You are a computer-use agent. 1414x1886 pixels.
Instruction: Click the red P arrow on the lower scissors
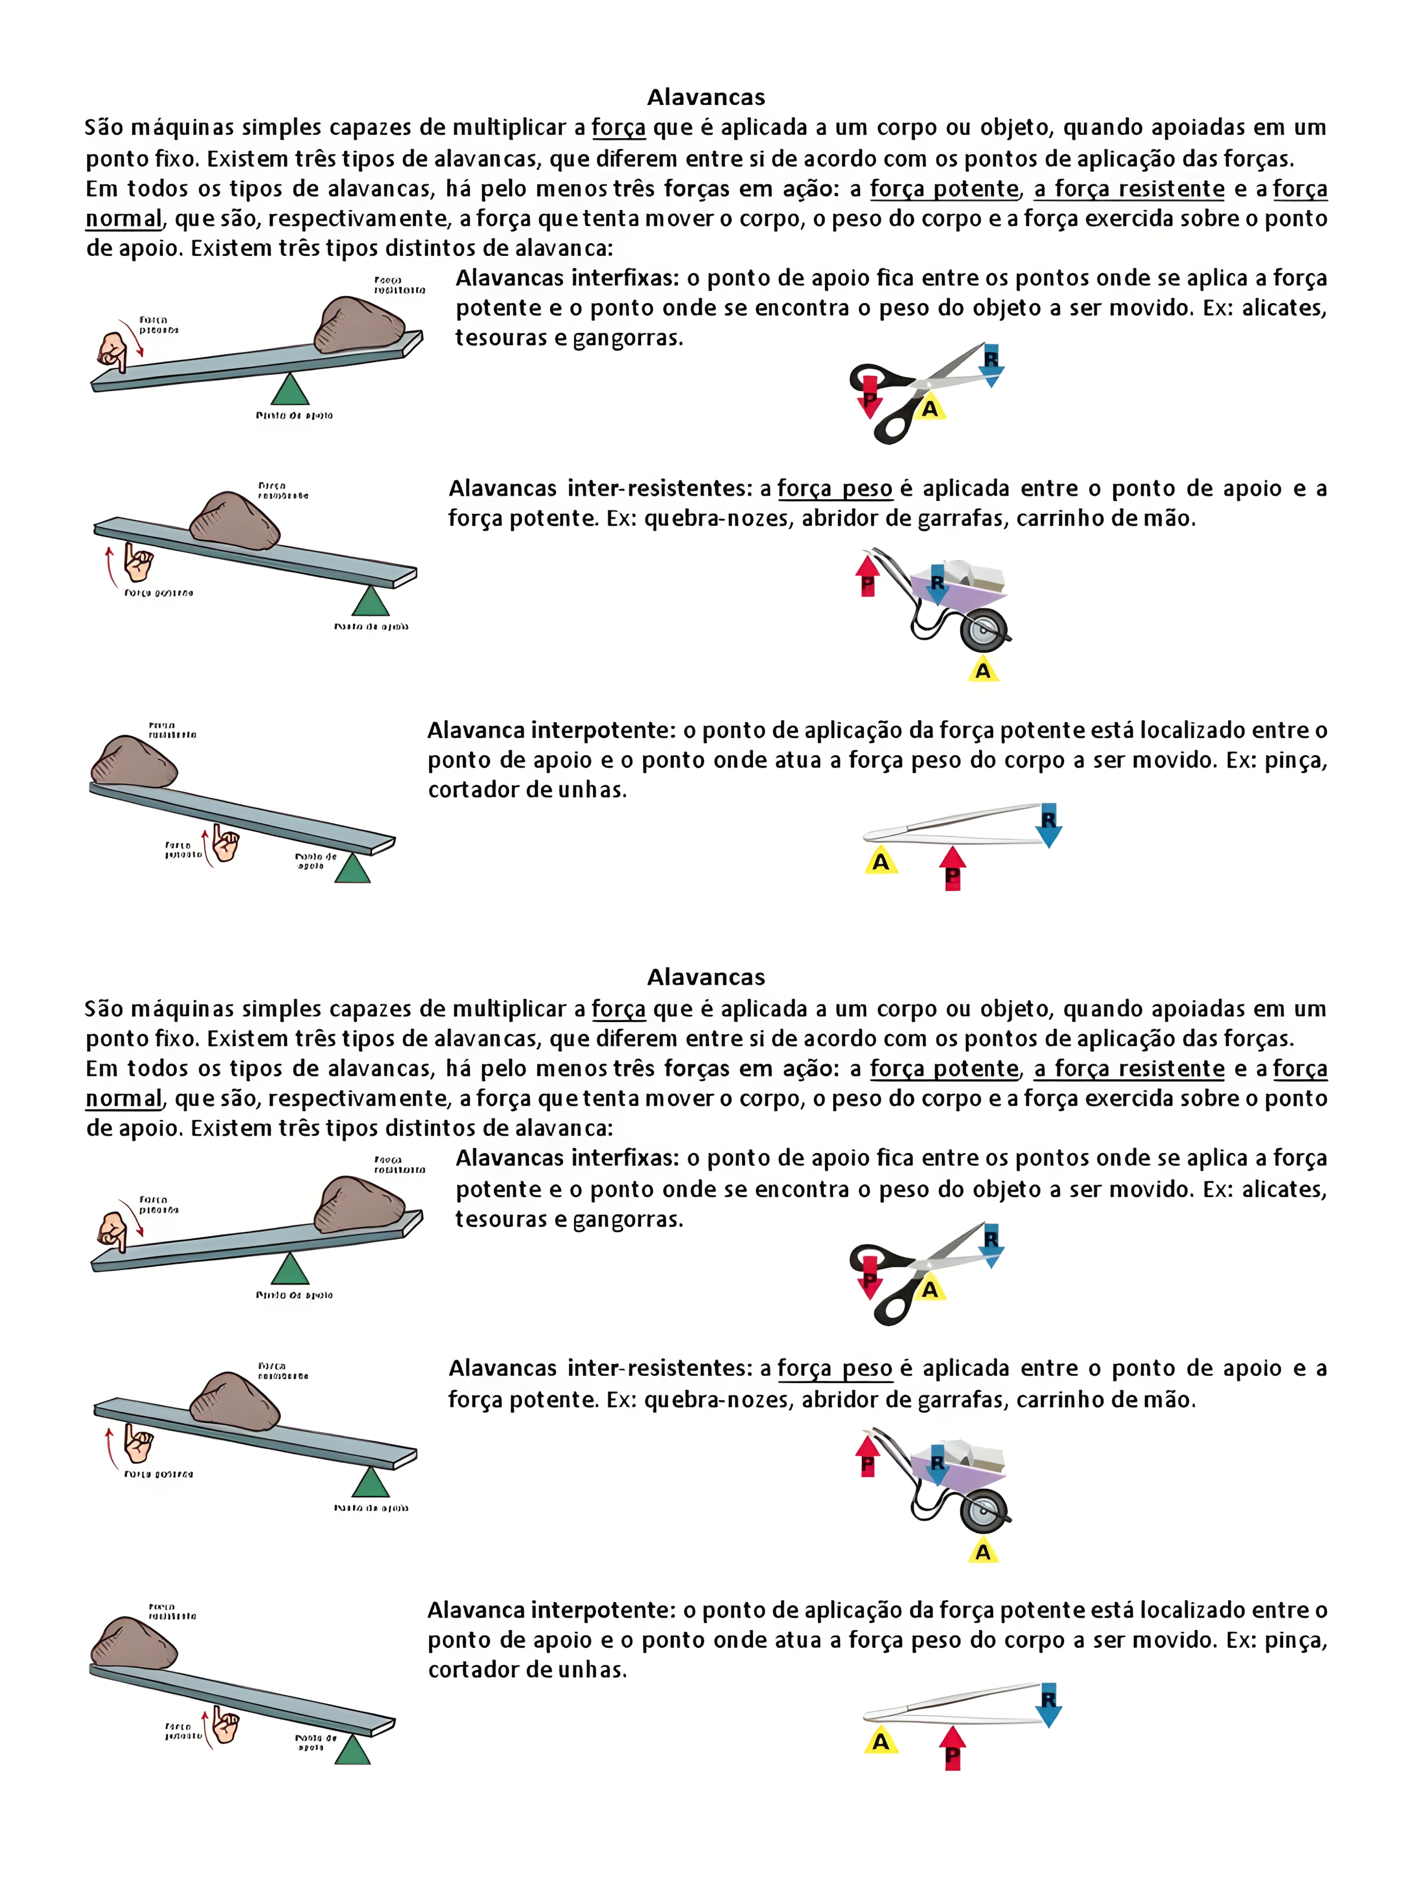(868, 1276)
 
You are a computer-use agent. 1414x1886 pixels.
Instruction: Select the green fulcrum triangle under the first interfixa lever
(290, 390)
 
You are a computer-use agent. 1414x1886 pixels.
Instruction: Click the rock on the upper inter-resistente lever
(234, 520)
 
